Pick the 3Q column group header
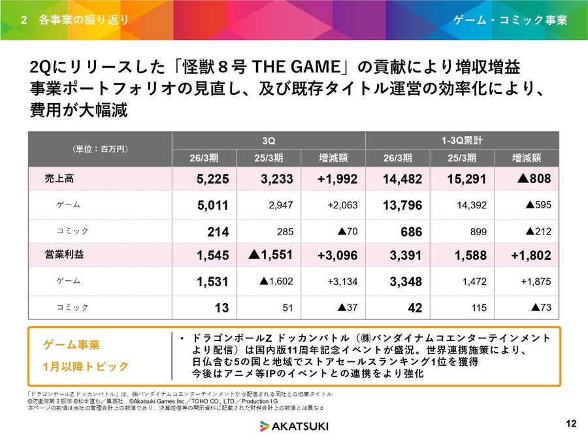click(x=269, y=140)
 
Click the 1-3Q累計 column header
click(x=462, y=140)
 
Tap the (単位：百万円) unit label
click(x=100, y=149)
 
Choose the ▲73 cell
click(x=540, y=307)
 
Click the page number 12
click(x=570, y=424)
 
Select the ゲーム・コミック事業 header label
click(x=510, y=20)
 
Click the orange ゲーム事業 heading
click(x=71, y=344)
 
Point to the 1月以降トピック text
click(x=86, y=366)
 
